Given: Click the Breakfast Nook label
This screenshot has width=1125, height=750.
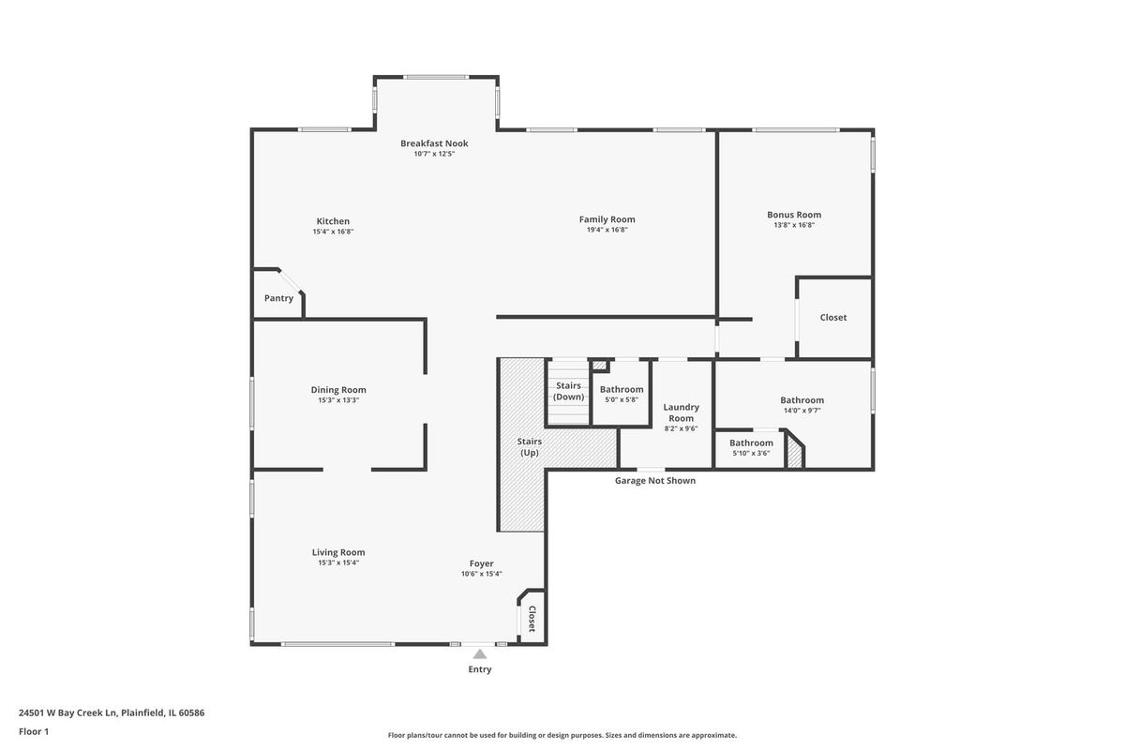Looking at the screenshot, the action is [x=434, y=143].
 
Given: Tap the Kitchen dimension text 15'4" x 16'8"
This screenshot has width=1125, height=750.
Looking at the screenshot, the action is [x=333, y=232].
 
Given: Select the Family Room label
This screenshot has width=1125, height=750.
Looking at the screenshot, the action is [x=607, y=219].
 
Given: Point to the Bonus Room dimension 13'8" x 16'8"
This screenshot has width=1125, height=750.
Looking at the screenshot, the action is [x=794, y=225].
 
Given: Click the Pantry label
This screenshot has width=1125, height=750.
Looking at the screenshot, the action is [x=278, y=298].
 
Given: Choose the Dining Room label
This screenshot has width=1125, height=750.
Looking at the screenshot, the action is [x=338, y=390].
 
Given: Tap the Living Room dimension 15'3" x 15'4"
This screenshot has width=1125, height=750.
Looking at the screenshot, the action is [x=338, y=562].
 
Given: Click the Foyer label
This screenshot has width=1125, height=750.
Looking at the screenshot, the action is [x=482, y=563].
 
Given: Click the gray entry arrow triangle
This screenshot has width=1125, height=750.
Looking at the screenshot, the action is [x=480, y=653].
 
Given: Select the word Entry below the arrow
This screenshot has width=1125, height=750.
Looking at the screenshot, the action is [x=480, y=669].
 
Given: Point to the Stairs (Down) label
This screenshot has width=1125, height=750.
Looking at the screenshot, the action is [x=568, y=391].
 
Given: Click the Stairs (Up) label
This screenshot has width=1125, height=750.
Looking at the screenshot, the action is [x=530, y=447].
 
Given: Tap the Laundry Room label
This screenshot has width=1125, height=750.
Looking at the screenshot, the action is [x=681, y=412].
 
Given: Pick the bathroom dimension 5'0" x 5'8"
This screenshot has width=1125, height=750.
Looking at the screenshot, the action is [x=622, y=400].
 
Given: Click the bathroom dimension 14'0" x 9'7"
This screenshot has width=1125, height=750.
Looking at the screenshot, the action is [x=802, y=411].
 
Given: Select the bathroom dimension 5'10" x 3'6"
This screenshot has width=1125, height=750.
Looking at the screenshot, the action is [x=751, y=453].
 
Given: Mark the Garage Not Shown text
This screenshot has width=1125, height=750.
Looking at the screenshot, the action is [x=655, y=481].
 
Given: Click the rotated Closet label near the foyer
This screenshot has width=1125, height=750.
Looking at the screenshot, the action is [x=532, y=619].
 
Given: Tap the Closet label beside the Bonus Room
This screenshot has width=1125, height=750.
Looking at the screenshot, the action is [x=833, y=318].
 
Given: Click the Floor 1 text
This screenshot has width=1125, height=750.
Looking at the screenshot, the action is [x=34, y=731].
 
